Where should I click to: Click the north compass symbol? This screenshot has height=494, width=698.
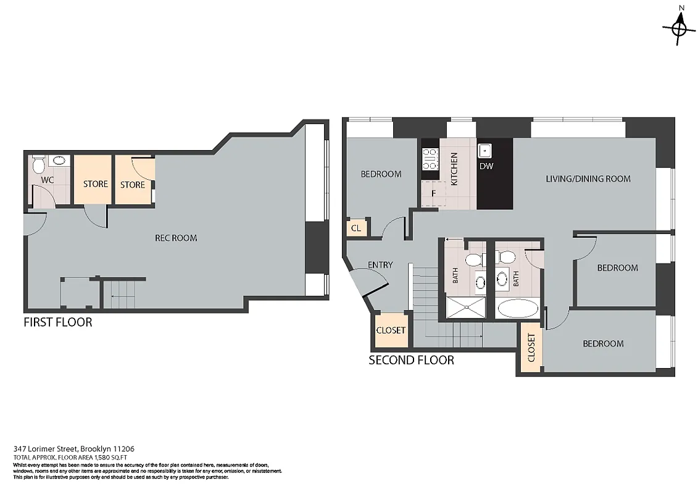pos(679,27)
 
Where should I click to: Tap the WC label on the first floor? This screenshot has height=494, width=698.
pos(48,180)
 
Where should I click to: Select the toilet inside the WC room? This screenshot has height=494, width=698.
pos(38,165)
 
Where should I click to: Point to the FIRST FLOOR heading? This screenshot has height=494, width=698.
pos(57,322)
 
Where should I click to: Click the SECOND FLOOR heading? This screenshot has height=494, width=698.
pos(411,360)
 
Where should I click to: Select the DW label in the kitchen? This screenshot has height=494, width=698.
pos(486,166)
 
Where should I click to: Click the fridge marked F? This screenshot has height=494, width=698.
pos(433,193)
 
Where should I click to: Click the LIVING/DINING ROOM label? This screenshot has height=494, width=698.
pos(588,179)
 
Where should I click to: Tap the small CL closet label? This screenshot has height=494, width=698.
pos(355,228)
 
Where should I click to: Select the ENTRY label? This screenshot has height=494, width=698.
pos(380,265)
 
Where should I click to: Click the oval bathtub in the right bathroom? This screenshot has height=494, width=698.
pos(517,309)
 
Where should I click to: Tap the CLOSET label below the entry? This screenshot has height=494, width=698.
pos(391,330)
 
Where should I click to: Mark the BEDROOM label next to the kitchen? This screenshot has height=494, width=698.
pos(381,174)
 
